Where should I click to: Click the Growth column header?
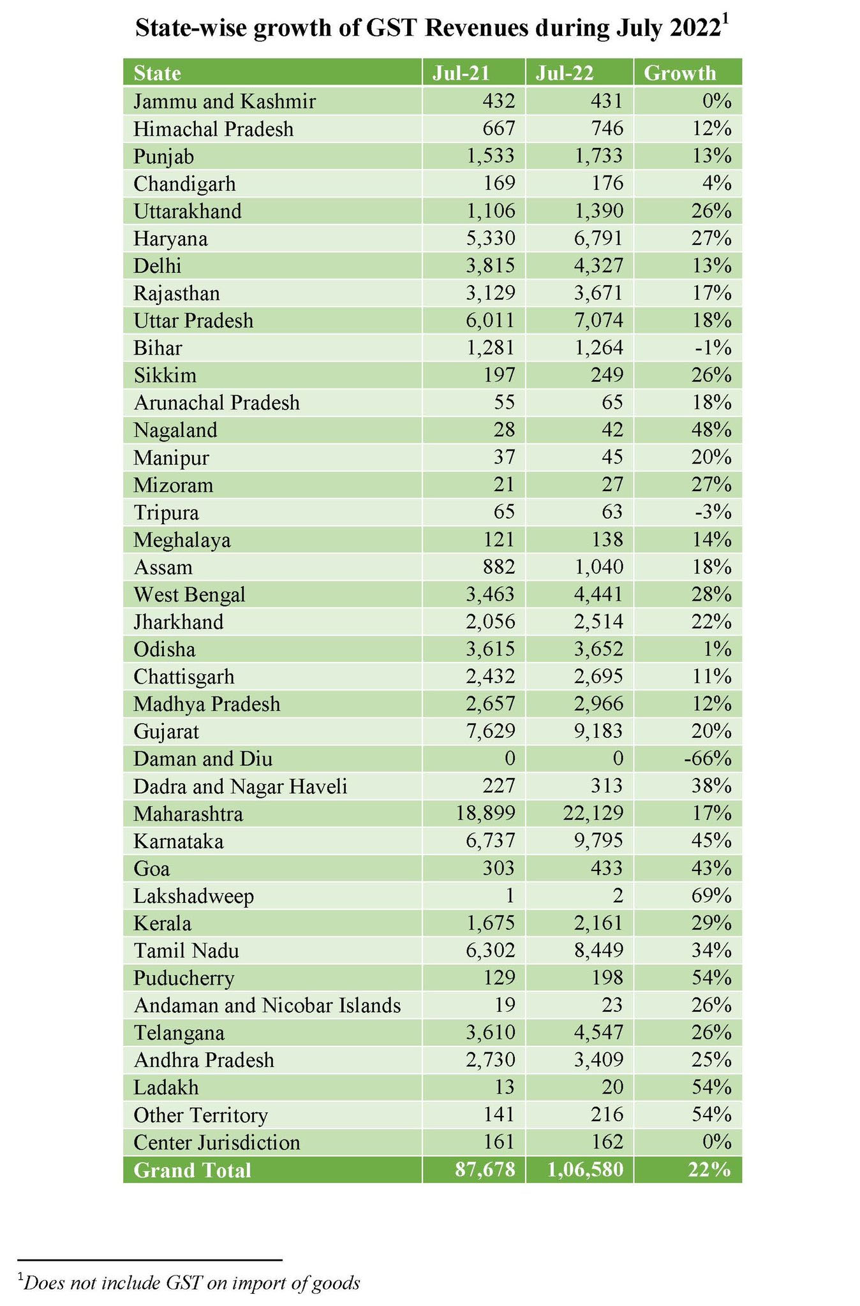pos(679,73)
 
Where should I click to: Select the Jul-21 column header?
pos(461,73)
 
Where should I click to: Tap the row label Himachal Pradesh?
pos(213,129)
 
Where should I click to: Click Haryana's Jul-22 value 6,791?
pos(598,238)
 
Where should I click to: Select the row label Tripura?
pos(166,513)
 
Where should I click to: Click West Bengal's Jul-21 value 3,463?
pos(490,594)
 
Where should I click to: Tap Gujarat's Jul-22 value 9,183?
pos(598,731)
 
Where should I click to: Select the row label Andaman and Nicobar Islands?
pos(267,1006)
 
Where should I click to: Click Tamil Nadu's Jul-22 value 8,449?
pos(598,951)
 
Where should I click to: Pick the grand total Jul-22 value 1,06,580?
pos(585,1170)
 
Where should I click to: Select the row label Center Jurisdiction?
pos(216,1143)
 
